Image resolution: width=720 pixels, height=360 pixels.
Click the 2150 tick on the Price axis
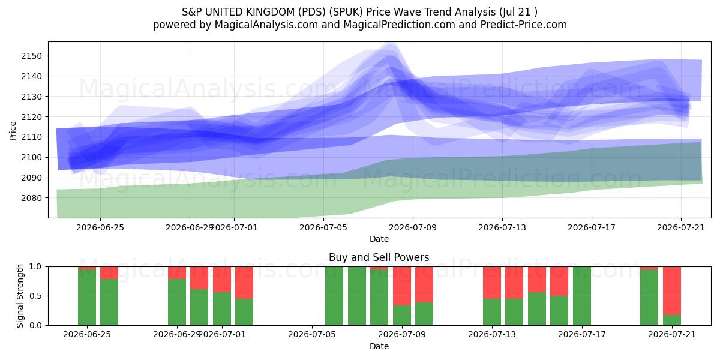click(31, 56)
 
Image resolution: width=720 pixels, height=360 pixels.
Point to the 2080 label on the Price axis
click(31, 198)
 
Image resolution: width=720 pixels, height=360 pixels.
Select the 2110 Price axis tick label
click(31, 137)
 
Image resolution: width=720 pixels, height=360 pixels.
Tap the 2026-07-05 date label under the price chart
click(323, 227)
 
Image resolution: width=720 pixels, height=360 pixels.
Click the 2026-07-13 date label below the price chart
click(502, 227)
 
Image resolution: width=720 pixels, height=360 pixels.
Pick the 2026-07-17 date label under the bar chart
click(582, 334)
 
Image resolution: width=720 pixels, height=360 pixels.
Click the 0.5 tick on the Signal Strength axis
click(35, 296)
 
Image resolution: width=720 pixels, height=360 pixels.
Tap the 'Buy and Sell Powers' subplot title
click(379, 257)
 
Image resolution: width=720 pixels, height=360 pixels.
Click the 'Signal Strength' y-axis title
click(20, 296)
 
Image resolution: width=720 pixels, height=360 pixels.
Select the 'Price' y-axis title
click(13, 131)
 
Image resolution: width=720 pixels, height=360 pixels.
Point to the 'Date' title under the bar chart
click(379, 346)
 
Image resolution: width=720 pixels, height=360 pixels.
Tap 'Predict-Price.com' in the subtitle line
click(524, 25)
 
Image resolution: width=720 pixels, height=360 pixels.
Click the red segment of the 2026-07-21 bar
click(672, 291)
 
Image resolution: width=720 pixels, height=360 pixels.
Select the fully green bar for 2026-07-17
click(582, 296)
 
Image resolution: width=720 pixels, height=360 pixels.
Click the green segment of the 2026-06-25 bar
click(87, 298)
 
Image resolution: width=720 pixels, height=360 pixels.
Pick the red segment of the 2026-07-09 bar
click(402, 286)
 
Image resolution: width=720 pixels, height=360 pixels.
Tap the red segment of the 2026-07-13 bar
click(492, 283)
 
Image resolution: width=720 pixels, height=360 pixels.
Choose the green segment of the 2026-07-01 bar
click(222, 309)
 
